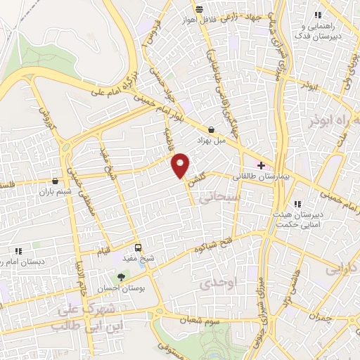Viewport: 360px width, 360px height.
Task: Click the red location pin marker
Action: pos(181,165)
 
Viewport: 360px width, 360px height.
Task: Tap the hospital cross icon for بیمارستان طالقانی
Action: pos(262,166)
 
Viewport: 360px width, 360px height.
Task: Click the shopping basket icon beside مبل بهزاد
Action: pos(212,129)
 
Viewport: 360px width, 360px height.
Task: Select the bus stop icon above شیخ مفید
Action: pos(138,247)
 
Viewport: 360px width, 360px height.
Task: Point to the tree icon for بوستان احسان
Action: pos(121,276)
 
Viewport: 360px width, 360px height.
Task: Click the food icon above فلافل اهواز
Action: pos(200,9)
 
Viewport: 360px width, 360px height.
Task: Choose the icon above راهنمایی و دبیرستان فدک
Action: pos(317,15)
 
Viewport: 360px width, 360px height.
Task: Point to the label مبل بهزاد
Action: pos(230,140)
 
